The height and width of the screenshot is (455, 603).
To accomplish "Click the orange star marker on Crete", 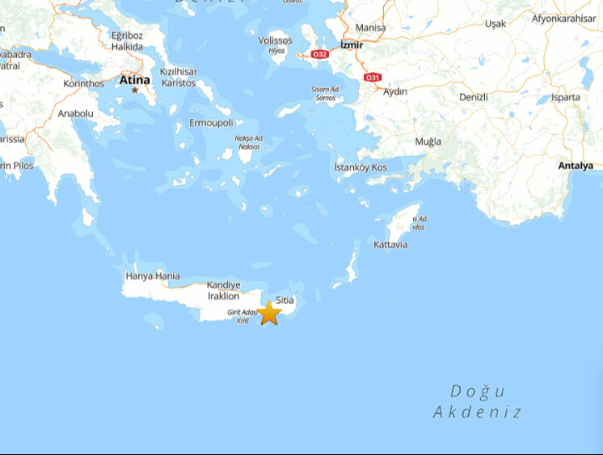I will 269,312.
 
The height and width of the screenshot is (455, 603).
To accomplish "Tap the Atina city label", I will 135,80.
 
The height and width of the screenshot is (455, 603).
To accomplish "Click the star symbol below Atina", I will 135,90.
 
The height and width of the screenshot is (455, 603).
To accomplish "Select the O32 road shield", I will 320,54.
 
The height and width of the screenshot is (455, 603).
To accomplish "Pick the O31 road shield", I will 373,77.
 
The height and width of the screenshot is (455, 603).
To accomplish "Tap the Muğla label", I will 428,141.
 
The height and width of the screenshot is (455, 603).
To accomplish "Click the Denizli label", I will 473,97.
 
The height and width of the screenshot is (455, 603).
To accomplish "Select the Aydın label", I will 395,92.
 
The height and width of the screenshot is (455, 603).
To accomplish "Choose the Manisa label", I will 370,27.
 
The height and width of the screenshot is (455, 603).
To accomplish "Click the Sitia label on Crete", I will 285,300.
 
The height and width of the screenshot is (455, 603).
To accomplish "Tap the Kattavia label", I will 390,245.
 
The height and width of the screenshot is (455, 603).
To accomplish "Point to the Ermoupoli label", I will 211,123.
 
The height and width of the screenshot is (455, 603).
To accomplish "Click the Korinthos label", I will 84,83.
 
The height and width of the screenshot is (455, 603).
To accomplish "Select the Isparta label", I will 566,97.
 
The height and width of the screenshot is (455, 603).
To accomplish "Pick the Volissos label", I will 276,40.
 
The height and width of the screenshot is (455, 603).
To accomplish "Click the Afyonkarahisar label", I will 563,19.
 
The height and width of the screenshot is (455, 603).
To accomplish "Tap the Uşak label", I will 495,23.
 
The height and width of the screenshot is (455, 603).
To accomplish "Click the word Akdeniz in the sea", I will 477,412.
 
